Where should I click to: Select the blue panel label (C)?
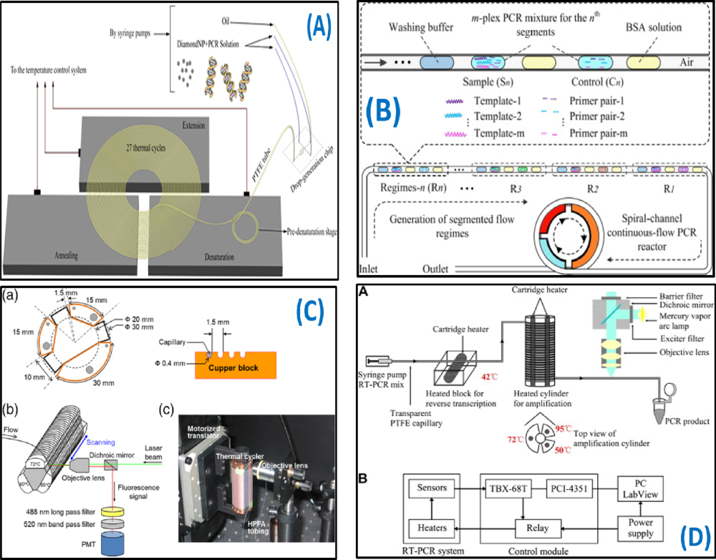tap(309, 313)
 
